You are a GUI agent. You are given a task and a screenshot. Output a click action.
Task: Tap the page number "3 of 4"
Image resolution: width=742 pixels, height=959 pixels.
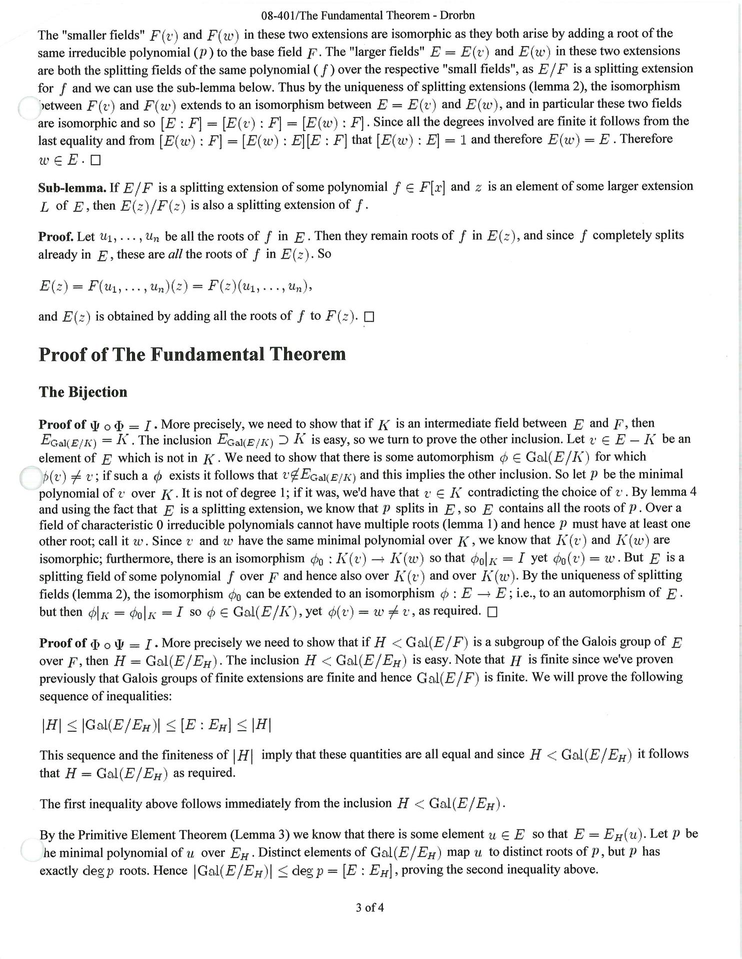pos(369,908)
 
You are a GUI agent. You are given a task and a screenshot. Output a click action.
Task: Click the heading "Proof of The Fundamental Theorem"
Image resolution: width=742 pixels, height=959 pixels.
pos(192,355)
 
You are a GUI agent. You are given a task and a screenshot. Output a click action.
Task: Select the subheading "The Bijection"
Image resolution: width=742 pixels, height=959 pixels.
pos(83,392)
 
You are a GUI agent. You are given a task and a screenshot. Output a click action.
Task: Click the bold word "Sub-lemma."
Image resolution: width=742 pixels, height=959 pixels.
pos(72,188)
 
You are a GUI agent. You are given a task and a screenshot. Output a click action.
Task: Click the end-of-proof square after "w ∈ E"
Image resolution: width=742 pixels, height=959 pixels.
pos(96,161)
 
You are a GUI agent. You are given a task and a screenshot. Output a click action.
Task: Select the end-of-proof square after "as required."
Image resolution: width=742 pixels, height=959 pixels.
pos(492,612)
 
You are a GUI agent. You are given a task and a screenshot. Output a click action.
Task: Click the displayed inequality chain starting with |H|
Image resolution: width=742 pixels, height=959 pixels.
pos(156,726)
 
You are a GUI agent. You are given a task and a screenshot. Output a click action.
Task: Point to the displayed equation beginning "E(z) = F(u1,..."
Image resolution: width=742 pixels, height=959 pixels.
pos(175,287)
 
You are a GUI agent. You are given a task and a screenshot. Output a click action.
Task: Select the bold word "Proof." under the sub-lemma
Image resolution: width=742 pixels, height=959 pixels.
pos(56,236)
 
